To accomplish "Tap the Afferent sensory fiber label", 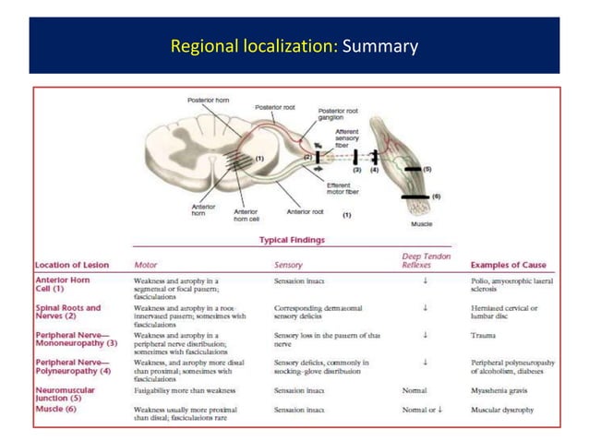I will (x=347, y=137).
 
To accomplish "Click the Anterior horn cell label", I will (x=247, y=215).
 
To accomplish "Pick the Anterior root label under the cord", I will (x=305, y=211).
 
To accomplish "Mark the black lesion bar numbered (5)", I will (x=412, y=171).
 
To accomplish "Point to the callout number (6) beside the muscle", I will (x=436, y=196).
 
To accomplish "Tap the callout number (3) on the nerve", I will (x=355, y=171).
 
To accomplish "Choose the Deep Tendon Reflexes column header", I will (x=425, y=259).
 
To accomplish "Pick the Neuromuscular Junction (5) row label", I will (x=68, y=394).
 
